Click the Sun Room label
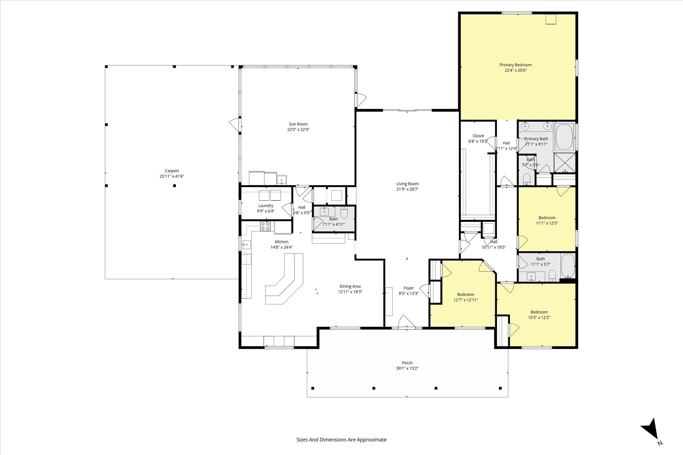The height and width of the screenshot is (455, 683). point(298,124)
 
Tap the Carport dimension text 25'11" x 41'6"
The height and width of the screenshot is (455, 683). point(172,177)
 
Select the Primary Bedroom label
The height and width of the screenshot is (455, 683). point(516,65)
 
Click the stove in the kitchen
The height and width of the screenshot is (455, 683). point(265,226)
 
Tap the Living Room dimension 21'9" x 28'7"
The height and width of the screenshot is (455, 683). point(408,189)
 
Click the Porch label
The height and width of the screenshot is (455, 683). point(407,363)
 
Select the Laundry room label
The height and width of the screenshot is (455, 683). point(266,206)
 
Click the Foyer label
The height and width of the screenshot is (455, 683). point(409,288)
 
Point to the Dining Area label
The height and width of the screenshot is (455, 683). point(350,286)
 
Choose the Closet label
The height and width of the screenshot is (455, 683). point(478,136)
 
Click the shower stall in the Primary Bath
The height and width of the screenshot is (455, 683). point(565,163)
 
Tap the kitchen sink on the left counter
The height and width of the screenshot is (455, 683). point(246,245)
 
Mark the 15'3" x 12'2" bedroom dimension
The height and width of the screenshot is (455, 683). point(539,317)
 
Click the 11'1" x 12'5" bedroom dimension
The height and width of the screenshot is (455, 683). point(547,223)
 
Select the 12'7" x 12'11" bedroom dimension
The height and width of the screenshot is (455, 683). point(466,300)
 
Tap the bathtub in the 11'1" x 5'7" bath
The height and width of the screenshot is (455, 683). point(568,266)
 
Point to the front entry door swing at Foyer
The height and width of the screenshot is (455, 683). point(407,321)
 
